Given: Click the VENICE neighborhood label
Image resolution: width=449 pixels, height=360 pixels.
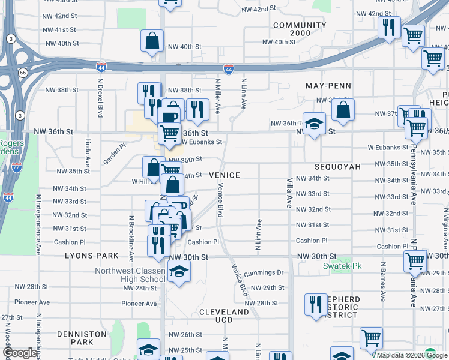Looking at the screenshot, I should [224, 175].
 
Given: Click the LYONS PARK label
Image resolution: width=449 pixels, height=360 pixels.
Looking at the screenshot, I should [92, 256].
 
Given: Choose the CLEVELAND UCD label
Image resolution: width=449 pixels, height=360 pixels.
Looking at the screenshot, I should [224, 317].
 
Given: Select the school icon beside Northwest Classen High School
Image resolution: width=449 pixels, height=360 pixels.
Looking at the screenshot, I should [178, 273].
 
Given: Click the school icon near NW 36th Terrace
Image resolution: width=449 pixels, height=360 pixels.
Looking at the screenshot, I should [314, 124].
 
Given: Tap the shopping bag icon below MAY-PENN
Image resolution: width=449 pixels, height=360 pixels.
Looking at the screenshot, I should [343, 110].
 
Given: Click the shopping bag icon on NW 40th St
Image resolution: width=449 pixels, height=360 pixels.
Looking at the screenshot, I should [152, 41].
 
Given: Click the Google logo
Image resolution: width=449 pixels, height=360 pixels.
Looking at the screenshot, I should [20, 353].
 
